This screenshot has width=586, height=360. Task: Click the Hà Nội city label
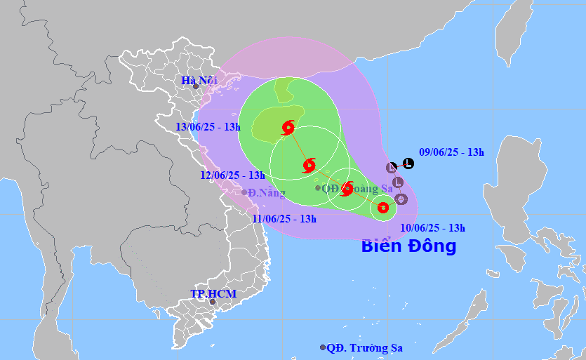[x=199, y=80]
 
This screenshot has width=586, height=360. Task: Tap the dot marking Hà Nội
[x=196, y=86]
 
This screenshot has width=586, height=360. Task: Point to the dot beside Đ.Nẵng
[x=244, y=192]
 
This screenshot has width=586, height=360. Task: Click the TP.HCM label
[x=213, y=293]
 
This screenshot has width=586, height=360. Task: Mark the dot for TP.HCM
[x=213, y=302]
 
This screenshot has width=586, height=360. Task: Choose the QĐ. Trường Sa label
[x=366, y=347]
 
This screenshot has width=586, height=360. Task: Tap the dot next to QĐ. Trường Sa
[x=323, y=347]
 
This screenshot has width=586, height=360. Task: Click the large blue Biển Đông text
[x=408, y=246]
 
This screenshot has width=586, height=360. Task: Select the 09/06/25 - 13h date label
[x=451, y=152]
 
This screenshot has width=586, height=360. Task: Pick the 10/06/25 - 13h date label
[x=433, y=227]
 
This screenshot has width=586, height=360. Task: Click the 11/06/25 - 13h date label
[x=284, y=218]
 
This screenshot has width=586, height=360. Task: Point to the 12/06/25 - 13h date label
[x=233, y=175]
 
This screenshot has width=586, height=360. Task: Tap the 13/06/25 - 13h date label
[x=208, y=127]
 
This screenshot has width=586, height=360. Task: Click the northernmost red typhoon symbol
[x=288, y=128]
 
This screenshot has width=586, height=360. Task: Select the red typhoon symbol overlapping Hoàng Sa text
[x=346, y=188]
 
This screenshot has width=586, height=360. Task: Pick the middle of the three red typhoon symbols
[x=309, y=166]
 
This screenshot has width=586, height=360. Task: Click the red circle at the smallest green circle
[x=382, y=207]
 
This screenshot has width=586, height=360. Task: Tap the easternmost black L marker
[x=408, y=164]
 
